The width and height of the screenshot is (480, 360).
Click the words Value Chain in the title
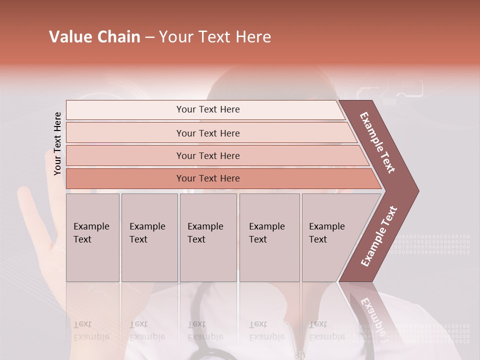click(94, 37)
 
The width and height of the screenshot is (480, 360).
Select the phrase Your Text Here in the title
click(215, 37)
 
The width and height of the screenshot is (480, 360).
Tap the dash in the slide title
click(149, 37)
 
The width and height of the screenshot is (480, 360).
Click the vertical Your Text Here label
click(57, 144)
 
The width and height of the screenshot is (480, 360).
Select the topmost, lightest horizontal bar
click(207, 109)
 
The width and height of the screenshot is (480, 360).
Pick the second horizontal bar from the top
click(207, 133)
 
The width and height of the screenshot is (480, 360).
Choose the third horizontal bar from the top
click(207, 155)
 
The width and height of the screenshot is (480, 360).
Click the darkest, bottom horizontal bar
click(207, 178)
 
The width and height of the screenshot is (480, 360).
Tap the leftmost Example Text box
click(92, 237)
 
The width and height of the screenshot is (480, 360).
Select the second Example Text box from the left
click(149, 237)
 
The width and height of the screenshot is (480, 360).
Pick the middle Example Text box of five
click(208, 237)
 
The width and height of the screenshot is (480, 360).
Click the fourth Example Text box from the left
click(269, 237)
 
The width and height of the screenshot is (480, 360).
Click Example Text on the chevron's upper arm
click(378, 142)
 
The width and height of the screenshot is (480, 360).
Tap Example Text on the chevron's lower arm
click(379, 236)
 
